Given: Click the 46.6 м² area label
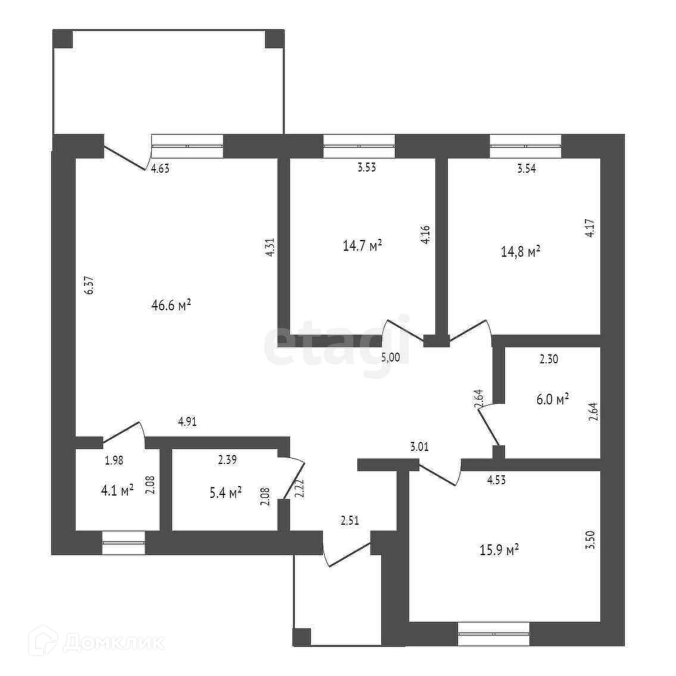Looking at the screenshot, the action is [x=170, y=306].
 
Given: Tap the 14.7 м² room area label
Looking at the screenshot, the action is [x=362, y=245].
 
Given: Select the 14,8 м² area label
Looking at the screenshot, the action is [x=521, y=251].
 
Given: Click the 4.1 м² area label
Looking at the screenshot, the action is [x=117, y=490].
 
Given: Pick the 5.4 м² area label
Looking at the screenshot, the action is [x=225, y=493].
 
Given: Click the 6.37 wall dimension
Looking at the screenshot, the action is [x=90, y=285].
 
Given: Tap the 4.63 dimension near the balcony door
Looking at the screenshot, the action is [x=160, y=169].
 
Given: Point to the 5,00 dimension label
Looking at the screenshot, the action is [x=391, y=357].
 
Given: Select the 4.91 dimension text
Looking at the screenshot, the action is [x=187, y=422].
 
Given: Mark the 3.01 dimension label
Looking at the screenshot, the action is [x=419, y=446].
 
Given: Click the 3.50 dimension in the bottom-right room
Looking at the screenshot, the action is [x=590, y=546].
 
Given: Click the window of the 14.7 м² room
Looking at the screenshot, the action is [x=359, y=146].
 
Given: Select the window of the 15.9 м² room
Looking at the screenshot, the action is [x=494, y=633].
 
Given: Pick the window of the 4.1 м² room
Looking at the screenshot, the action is [x=123, y=543].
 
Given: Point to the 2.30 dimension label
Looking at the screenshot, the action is [x=549, y=359].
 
